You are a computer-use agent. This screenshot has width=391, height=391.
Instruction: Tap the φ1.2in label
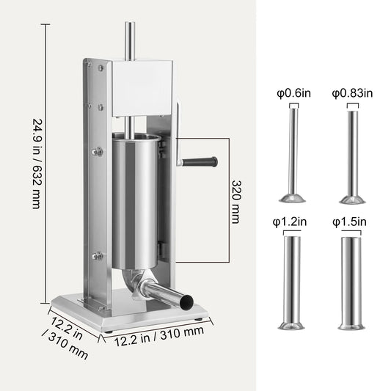tap(292, 220)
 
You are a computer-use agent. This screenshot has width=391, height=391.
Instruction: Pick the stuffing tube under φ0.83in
tap(352, 154)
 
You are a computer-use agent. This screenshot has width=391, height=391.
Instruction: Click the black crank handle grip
tap(203, 159)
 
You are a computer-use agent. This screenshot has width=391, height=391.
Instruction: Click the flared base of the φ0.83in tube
tap(352, 197)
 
